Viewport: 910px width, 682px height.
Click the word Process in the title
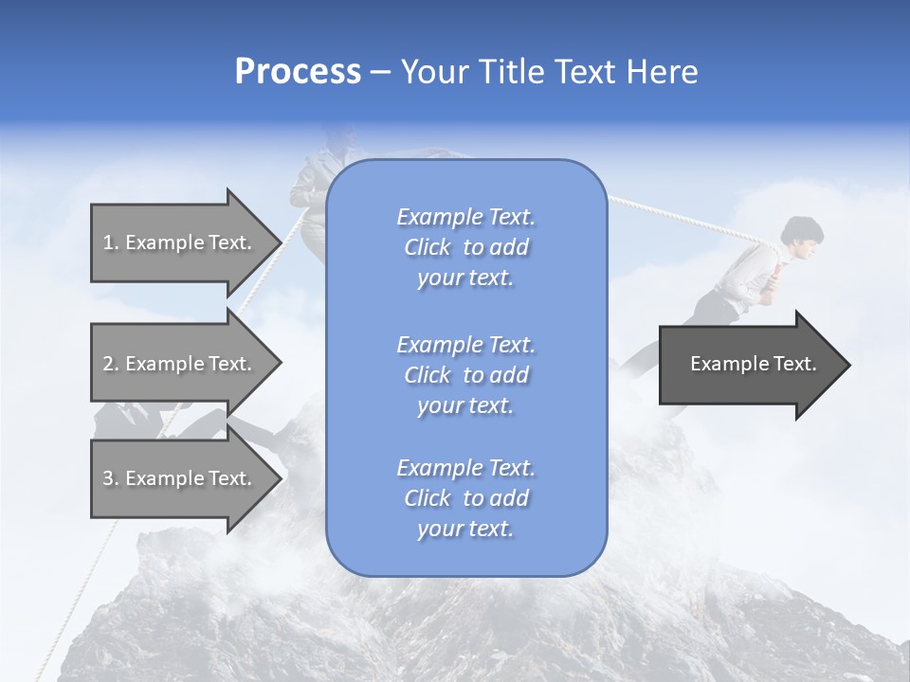click(298, 72)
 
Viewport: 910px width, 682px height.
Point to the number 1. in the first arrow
click(111, 242)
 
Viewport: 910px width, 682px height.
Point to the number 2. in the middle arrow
click(111, 364)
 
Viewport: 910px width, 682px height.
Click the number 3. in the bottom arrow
click(111, 478)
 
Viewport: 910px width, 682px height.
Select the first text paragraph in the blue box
click(465, 247)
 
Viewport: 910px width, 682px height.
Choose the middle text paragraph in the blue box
click(465, 375)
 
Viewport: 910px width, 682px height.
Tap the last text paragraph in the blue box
click(465, 498)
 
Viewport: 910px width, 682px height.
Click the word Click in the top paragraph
click(428, 247)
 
